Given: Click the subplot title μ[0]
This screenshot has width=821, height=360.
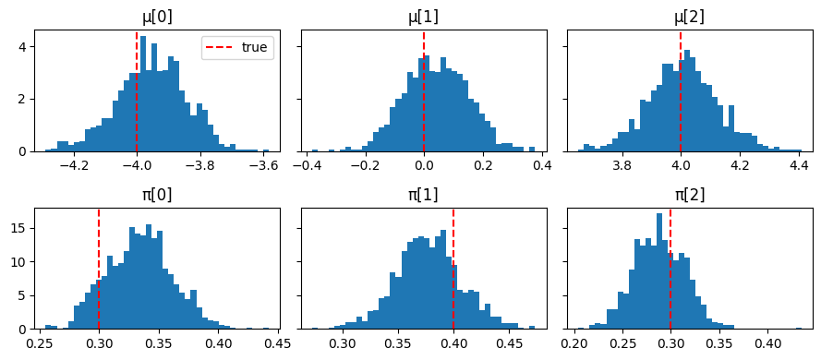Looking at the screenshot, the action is pos(158,18).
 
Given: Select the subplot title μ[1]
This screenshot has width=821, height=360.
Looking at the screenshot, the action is pos(424,18).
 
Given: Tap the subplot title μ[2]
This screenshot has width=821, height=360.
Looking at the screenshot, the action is pos(690,18).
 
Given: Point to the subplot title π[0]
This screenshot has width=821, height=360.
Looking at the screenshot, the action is pos(158,195).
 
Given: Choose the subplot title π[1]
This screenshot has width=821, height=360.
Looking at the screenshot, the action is pos(424,195).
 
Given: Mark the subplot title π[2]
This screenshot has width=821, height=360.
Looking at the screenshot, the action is pos(690,195).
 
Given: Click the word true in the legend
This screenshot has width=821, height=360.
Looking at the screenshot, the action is pos(255,48).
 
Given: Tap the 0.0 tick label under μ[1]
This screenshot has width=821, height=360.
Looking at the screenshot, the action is pos(424,163).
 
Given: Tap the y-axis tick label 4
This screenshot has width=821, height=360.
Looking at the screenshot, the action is pos(26,47).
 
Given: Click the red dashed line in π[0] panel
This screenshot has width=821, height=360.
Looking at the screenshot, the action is pos(99,269).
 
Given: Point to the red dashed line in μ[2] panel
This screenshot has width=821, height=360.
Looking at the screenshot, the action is pos(681,91).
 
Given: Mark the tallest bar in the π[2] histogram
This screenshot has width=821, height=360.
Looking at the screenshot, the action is pos(659,271).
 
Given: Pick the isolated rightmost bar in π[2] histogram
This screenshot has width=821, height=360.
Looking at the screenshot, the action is pos(799,329).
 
